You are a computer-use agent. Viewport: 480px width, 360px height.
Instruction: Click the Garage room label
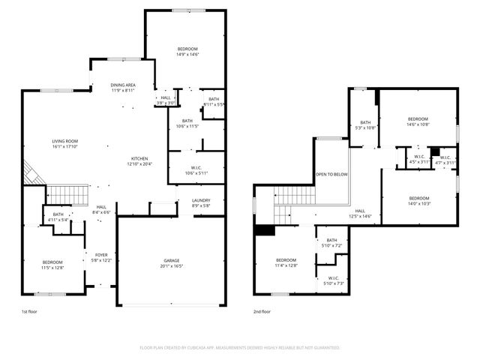171,261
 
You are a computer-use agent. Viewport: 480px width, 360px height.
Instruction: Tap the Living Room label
64,141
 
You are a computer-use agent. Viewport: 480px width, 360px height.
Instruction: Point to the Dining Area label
123,85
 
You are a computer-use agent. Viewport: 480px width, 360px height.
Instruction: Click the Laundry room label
200,200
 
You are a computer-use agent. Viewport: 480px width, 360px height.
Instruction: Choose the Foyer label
100,255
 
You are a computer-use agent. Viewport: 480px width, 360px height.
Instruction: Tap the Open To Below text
331,174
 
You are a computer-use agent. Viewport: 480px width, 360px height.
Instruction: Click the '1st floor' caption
30,310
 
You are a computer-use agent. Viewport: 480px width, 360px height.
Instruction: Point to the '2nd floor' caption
262,310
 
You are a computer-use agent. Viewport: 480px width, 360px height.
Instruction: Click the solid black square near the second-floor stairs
264,231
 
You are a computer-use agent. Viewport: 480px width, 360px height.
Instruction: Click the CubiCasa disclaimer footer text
240,347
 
